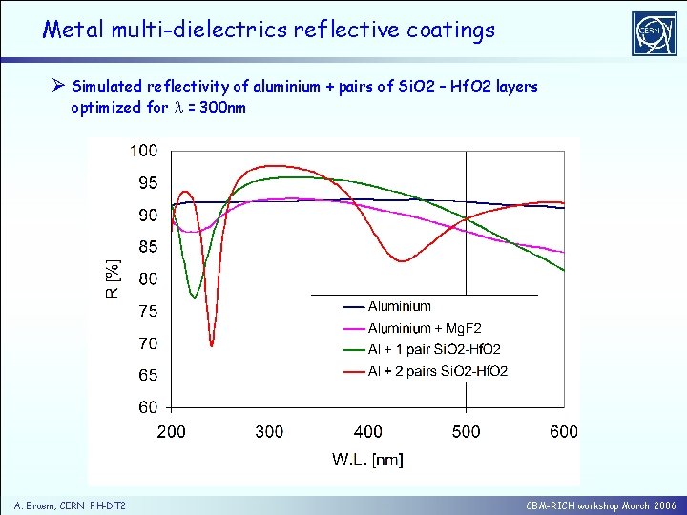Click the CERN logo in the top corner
[654, 33]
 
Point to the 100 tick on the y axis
[144, 151]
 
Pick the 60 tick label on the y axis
[147, 407]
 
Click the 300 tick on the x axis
[269, 432]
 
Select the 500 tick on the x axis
[466, 432]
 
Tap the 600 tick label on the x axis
[564, 432]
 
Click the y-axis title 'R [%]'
[113, 278]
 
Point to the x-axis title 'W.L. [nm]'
[367, 461]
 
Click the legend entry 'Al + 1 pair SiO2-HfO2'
[434, 350]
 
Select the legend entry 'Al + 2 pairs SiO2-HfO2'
[437, 371]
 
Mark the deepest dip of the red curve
[212, 345]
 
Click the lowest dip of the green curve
[195, 298]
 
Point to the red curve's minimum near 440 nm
[404, 260]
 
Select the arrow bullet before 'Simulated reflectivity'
[56, 87]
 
